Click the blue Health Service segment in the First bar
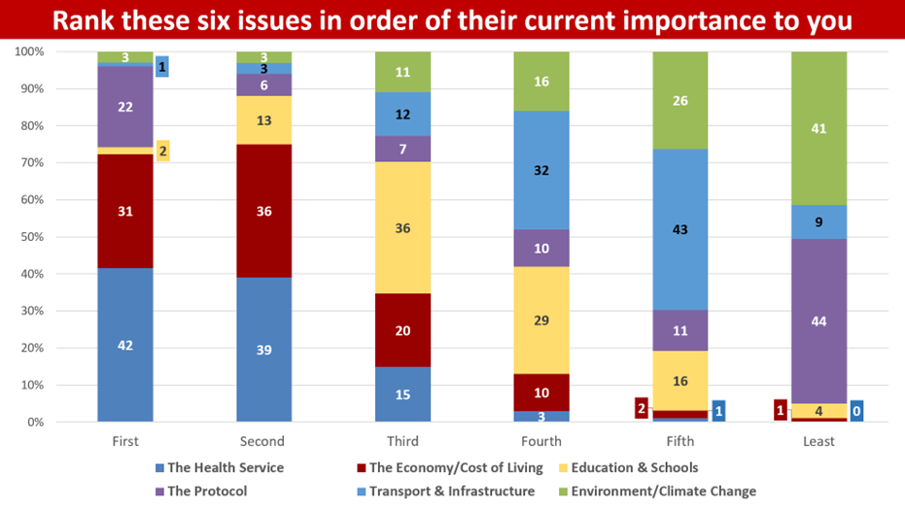point(125,345)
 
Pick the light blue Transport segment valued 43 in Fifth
point(680,229)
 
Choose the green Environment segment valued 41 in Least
point(818,128)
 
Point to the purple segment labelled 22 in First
point(125,107)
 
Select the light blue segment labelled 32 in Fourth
point(541,170)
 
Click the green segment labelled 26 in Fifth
point(680,100)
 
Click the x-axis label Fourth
point(541,441)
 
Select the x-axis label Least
point(818,441)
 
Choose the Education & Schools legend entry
point(632,467)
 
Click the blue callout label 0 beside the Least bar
point(856,410)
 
